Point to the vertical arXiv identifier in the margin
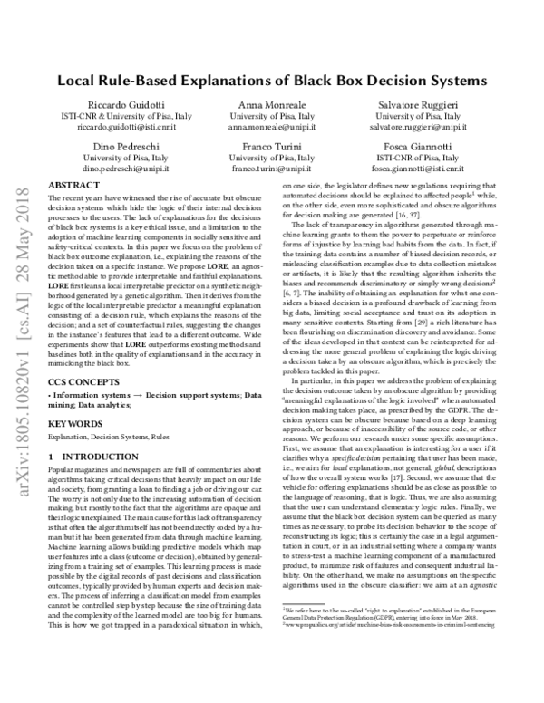(21, 263)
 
